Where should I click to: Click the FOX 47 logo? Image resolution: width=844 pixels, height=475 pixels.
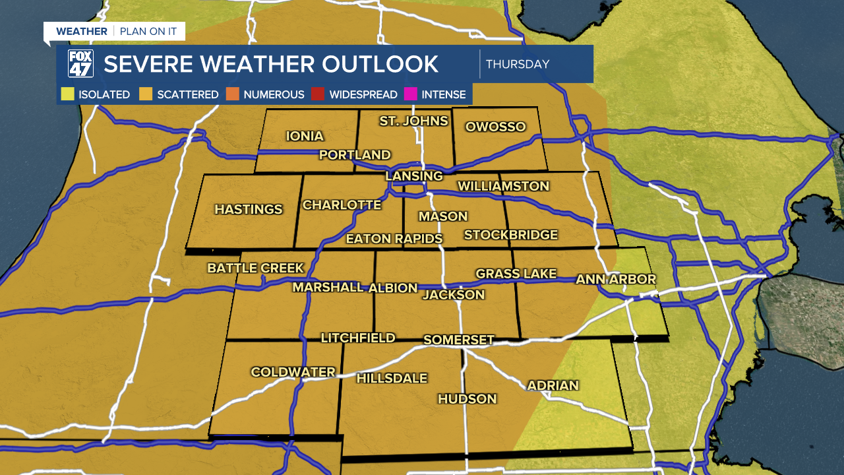tap(80, 64)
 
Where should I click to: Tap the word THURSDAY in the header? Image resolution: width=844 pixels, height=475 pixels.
tap(518, 65)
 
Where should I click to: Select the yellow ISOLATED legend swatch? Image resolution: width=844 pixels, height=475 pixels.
tap(68, 94)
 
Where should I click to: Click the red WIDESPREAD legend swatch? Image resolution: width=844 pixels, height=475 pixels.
tap(318, 94)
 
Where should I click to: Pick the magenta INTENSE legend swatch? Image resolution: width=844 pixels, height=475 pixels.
tap(411, 94)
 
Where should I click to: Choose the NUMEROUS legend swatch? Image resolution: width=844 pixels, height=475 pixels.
tap(233, 94)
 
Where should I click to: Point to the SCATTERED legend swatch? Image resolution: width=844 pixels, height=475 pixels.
tap(146, 94)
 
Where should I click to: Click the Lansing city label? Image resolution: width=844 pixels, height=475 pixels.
tap(414, 176)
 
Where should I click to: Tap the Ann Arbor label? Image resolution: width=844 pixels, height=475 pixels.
tap(616, 279)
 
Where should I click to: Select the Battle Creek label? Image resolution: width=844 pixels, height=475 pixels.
tap(256, 268)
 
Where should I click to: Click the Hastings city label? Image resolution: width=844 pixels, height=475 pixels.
tap(249, 209)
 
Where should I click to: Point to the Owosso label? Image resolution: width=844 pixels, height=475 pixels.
tap(495, 127)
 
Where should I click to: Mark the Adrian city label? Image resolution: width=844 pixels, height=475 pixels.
tap(553, 385)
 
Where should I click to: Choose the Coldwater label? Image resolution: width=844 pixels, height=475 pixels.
tap(293, 372)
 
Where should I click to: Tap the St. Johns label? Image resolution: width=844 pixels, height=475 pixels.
tap(413, 121)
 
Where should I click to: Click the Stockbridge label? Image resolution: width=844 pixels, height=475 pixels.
tap(511, 235)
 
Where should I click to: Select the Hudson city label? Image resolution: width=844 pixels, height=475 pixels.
tap(467, 398)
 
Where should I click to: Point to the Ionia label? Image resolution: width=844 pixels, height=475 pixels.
tap(305, 137)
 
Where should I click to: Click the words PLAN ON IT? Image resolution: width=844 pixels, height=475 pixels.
tap(148, 32)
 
